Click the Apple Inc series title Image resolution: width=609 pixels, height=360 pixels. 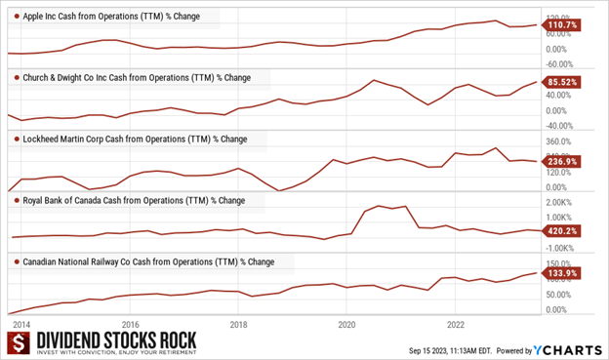(x=111, y=19)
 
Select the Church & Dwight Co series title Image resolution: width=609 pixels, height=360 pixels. (x=136, y=77)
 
